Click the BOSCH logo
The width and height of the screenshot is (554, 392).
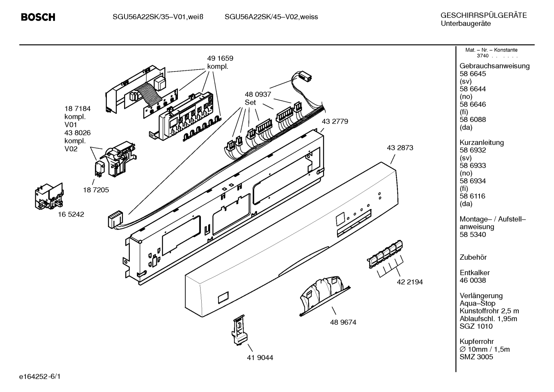pyautogui.click(x=38, y=17)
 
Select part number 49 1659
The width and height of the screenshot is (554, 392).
pyautogui.click(x=220, y=58)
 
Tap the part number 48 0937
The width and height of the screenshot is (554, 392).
pyautogui.click(x=258, y=94)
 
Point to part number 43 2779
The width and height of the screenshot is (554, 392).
pyautogui.click(x=335, y=121)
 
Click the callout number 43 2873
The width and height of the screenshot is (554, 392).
pyautogui.click(x=400, y=148)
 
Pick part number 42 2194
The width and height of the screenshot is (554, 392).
pyautogui.click(x=410, y=282)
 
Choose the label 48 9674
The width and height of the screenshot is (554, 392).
pyautogui.click(x=343, y=322)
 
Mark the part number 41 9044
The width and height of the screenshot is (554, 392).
pyautogui.click(x=260, y=358)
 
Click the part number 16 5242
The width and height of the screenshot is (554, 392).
pyautogui.click(x=71, y=214)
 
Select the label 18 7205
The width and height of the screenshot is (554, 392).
pyautogui.click(x=96, y=190)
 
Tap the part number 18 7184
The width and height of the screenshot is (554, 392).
pyautogui.click(x=77, y=109)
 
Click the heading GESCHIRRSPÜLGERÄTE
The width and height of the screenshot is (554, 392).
pyautogui.click(x=484, y=15)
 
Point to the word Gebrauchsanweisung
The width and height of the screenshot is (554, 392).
pyautogui.click(x=494, y=66)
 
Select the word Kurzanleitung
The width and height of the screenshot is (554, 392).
pyautogui.click(x=481, y=143)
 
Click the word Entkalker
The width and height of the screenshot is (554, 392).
pyautogui.click(x=474, y=273)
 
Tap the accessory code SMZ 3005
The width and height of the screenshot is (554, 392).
pyautogui.click(x=476, y=357)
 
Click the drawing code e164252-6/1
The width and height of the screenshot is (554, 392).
pyautogui.click(x=40, y=377)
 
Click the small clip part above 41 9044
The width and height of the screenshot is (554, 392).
pyautogui.click(x=239, y=330)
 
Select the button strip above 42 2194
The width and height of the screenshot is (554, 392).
pyautogui.click(x=385, y=254)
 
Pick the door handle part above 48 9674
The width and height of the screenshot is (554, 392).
pyautogui.click(x=324, y=296)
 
